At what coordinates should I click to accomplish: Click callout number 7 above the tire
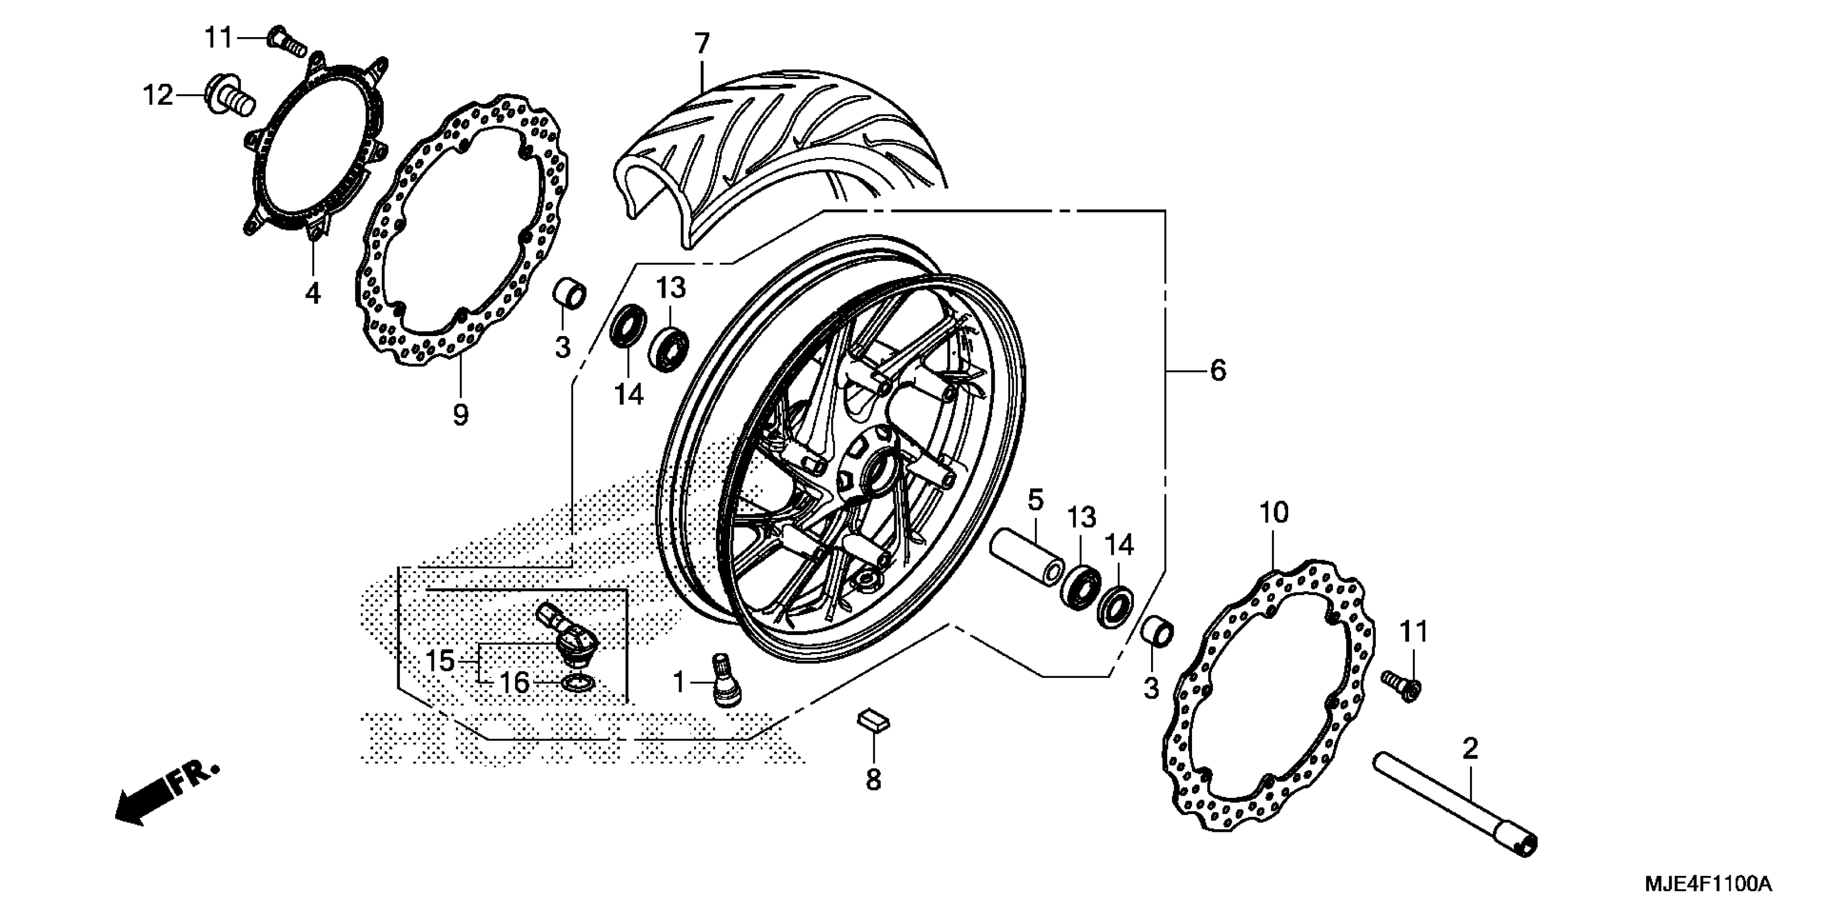pos(701,44)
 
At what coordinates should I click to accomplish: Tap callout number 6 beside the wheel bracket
pos(1218,370)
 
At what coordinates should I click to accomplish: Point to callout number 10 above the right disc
pos(1273,512)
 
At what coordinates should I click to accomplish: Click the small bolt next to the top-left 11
pos(287,42)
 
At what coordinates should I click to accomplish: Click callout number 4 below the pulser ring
pos(313,293)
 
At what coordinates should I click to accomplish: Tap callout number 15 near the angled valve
pos(440,661)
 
